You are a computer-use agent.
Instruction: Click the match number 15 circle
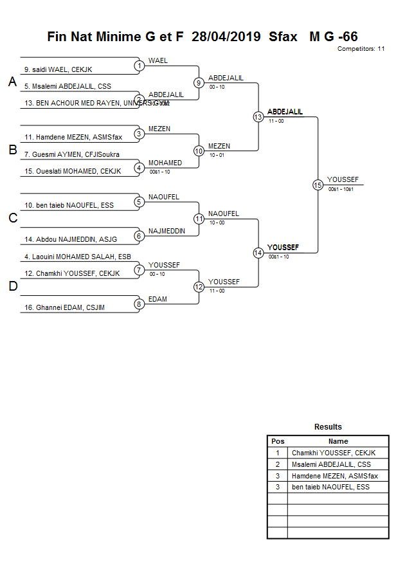coord(318,185)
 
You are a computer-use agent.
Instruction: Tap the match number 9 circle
coord(199,83)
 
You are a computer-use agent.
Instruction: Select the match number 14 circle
coord(258,253)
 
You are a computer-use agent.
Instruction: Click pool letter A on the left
coord(12,82)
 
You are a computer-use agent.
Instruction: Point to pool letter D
coord(12,287)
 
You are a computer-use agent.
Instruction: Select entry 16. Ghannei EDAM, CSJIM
coord(64,308)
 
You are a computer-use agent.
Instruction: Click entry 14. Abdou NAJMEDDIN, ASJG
coord(71,239)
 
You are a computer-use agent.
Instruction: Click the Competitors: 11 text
coord(361,49)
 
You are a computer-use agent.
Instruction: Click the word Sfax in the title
coord(283,37)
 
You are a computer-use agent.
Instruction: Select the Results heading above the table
coord(328,427)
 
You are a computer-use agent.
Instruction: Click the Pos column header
coord(277,441)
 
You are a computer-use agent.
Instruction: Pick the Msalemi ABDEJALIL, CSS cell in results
coord(331,464)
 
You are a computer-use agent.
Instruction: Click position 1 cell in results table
coord(277,453)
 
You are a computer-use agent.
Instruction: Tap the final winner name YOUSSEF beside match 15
coord(343,179)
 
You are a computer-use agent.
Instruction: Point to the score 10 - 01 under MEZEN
coord(217,155)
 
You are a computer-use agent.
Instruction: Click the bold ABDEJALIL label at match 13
coord(285,112)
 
